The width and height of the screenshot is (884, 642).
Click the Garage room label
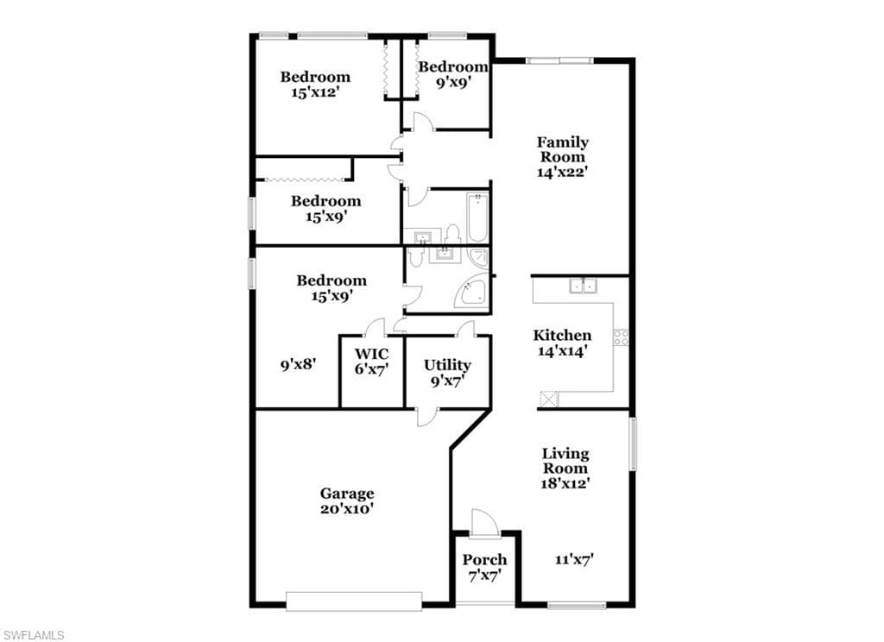tap(347, 494)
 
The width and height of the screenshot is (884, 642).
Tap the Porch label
tap(484, 560)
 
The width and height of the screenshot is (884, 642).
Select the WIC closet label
tap(371, 354)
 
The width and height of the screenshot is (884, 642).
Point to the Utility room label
tap(447, 365)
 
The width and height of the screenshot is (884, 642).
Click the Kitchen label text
tap(562, 336)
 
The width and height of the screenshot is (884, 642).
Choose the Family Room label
tap(562, 149)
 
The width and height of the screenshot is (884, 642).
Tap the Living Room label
tap(565, 461)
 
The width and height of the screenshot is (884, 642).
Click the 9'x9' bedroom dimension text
tap(454, 82)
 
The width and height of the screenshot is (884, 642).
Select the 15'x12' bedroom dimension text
tap(314, 91)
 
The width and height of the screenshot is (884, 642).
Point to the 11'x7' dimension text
tap(574, 560)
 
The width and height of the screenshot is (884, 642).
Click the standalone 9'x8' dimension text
tap(298, 365)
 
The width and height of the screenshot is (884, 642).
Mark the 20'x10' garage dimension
tap(347, 509)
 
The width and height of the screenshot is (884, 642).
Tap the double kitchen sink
tap(583, 286)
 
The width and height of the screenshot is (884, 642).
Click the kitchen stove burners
tap(621, 337)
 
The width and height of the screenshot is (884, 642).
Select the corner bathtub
tap(472, 292)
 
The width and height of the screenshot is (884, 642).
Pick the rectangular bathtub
tap(477, 217)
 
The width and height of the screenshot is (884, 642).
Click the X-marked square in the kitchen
tap(548, 399)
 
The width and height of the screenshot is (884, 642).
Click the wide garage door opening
tap(353, 601)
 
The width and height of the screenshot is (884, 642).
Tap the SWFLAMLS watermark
tap(33, 635)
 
